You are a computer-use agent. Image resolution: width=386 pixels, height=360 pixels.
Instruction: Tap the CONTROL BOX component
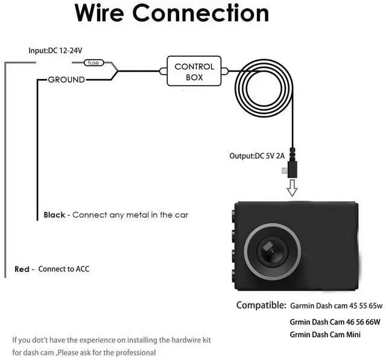tap(194, 72)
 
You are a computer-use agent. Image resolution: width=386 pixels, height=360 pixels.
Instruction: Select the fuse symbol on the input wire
tap(93, 63)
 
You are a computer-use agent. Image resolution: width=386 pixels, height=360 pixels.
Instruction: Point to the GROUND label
tap(66, 80)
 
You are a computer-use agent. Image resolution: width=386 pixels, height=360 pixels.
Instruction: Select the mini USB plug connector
tap(292, 166)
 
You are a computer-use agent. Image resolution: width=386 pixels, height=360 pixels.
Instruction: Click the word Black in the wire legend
tap(54, 215)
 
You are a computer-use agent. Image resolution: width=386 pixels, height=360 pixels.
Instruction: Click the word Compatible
tap(261, 305)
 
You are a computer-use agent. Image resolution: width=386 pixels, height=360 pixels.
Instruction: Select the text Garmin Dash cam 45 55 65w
tap(335, 306)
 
